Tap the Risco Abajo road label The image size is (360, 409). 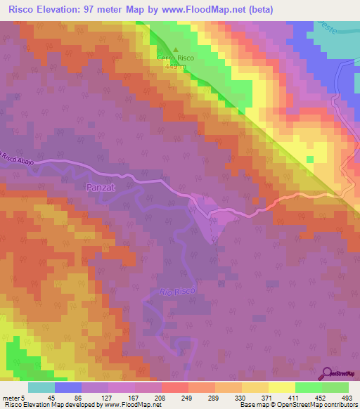(x=18, y=157)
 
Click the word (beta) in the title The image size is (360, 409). (x=258, y=9)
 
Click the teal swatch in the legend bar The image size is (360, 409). (x=41, y=387)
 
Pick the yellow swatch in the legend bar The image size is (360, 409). (x=281, y=387)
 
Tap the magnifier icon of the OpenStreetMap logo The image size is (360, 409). (x=326, y=372)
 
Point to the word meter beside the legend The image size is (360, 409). (x=11, y=398)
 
